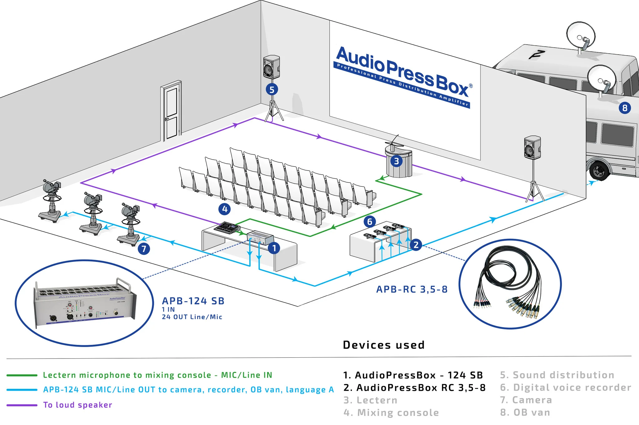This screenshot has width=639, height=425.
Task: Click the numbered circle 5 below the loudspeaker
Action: (x=272, y=89)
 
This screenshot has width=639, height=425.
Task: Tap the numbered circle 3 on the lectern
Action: (x=396, y=161)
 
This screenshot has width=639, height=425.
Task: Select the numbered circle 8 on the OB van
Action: (x=625, y=108)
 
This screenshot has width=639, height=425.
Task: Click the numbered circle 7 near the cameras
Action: (x=144, y=249)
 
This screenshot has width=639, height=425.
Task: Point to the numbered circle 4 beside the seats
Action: (x=225, y=209)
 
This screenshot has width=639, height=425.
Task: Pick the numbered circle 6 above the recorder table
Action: (x=370, y=222)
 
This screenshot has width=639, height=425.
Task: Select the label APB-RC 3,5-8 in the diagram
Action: (x=412, y=289)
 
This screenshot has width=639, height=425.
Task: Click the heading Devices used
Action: (x=384, y=345)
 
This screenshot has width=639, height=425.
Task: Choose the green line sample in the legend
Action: (x=22, y=375)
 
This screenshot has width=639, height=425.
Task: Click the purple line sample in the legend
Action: (x=22, y=405)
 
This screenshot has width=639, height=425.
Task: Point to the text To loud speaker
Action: (x=77, y=405)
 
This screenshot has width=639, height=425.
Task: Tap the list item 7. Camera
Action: (x=526, y=400)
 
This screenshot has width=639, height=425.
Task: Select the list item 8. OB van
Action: (x=525, y=413)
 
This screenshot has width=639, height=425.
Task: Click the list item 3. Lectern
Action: (x=370, y=400)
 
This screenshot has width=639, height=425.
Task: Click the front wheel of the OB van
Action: (x=599, y=170)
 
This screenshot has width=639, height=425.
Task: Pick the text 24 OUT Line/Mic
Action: (x=192, y=317)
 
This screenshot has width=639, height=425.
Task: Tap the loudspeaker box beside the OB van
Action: (x=532, y=147)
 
